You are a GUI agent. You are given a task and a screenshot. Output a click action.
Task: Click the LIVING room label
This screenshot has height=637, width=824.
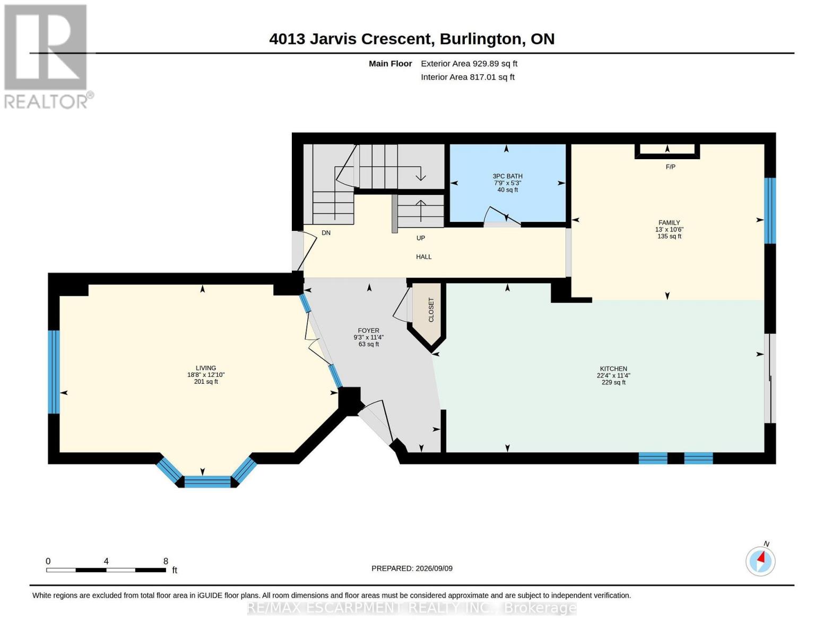(206, 368)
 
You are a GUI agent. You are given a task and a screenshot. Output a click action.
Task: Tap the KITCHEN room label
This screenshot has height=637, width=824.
(613, 369)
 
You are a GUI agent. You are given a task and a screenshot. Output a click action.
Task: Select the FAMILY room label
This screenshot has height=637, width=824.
(669, 223)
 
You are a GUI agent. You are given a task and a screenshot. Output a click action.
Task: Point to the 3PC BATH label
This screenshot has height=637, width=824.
(507, 176)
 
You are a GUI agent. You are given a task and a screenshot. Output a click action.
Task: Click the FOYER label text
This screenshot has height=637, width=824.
(368, 331)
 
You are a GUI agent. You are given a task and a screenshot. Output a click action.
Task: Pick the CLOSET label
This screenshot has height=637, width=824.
(431, 310)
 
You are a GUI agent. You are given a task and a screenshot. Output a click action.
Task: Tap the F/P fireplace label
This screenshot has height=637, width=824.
(670, 167)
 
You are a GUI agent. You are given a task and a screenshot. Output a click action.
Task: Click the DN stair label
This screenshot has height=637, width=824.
(326, 233)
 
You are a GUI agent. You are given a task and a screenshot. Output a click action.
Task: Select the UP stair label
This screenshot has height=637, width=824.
(421, 238)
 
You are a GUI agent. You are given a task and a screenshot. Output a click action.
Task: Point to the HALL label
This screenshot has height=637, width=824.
(423, 257)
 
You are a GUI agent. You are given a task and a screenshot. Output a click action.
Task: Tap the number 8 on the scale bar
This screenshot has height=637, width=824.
(166, 561)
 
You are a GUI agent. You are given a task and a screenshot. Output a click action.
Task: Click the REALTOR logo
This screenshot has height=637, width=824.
(48, 57)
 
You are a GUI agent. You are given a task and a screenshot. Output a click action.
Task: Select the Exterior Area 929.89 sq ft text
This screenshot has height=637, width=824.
(469, 64)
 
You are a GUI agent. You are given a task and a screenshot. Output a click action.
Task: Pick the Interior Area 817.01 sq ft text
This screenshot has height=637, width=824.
(467, 78)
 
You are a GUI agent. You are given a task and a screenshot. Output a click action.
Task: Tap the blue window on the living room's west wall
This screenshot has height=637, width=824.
(54, 372)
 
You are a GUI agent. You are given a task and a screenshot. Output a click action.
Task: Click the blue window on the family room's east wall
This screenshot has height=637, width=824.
(770, 211)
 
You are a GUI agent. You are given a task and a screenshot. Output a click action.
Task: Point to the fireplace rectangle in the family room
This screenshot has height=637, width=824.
(667, 151)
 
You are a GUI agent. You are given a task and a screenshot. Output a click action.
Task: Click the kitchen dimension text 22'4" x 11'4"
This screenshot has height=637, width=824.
(613, 376)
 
